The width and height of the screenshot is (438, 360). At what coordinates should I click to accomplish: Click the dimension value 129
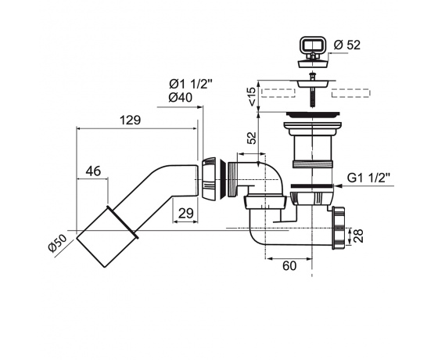[x=130, y=121]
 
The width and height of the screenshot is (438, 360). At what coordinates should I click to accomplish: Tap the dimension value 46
[x=93, y=171]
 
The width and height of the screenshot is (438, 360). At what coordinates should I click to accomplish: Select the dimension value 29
[x=186, y=214]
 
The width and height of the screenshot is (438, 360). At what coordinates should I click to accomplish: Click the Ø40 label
[x=181, y=98]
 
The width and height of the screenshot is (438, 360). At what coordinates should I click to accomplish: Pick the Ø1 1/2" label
[x=191, y=84]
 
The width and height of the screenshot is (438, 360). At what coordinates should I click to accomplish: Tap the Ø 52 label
[x=347, y=45]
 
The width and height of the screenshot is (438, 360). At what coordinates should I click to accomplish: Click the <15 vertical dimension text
[x=252, y=96]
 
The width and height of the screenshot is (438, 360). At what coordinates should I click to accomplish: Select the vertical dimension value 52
[x=252, y=138]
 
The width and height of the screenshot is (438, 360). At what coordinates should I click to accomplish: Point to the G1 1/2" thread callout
[x=368, y=178]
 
